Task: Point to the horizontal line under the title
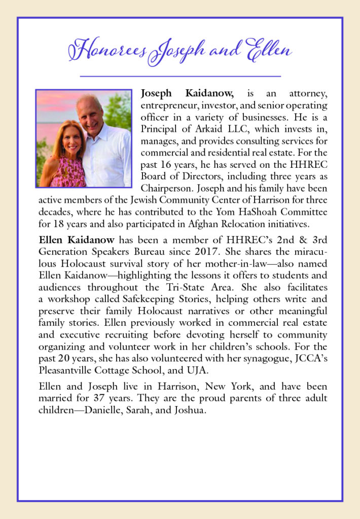point(180,76)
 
